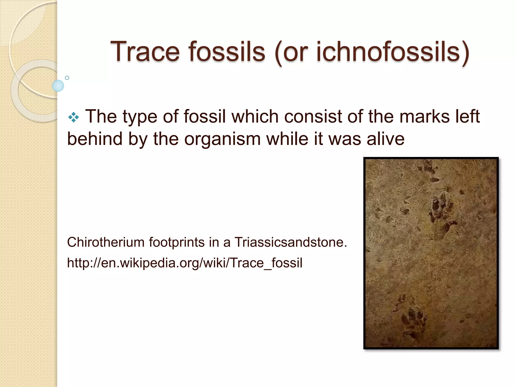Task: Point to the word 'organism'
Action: pos(222,139)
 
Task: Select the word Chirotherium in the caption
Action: pos(106,242)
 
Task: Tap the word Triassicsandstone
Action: pos(291,242)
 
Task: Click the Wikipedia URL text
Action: pos(184,263)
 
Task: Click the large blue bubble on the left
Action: pos(58,86)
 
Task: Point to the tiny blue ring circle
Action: pos(67,78)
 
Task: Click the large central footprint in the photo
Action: pos(440,215)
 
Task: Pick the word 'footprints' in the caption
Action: pos(177,242)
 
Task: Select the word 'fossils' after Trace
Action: pos(227,52)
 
